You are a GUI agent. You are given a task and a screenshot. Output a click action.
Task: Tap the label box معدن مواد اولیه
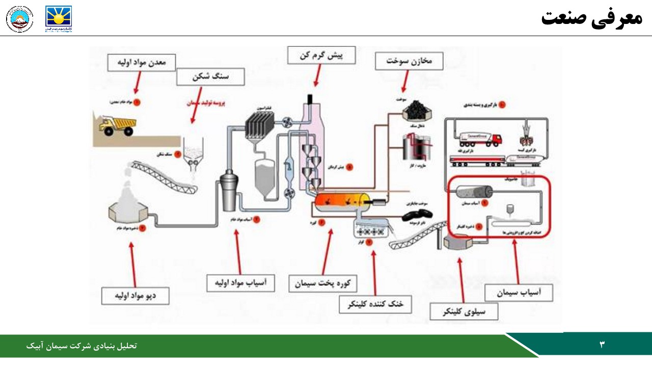pyautogui.click(x=142, y=63)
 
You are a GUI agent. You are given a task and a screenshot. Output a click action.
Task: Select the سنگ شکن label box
pyautogui.click(x=210, y=77)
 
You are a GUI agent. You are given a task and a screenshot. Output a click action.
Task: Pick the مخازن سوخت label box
pyautogui.click(x=409, y=61)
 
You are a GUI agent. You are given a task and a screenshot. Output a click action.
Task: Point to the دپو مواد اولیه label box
pyautogui.click(x=135, y=296)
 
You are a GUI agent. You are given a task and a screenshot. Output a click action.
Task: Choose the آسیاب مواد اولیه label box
pyautogui.click(x=240, y=282)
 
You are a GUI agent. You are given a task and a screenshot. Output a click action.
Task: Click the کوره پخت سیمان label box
pyautogui.click(x=323, y=283)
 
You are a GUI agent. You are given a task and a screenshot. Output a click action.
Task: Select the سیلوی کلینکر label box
pyautogui.click(x=464, y=311)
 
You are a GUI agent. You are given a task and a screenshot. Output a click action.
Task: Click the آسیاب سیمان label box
pyautogui.click(x=519, y=293)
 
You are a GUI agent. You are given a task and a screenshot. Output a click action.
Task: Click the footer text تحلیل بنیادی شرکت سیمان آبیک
pyautogui.click(x=81, y=346)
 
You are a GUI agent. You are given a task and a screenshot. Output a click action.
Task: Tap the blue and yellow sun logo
pyautogui.click(x=59, y=19)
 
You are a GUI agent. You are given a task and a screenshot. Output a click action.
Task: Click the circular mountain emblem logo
pyautogui.click(x=19, y=19)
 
